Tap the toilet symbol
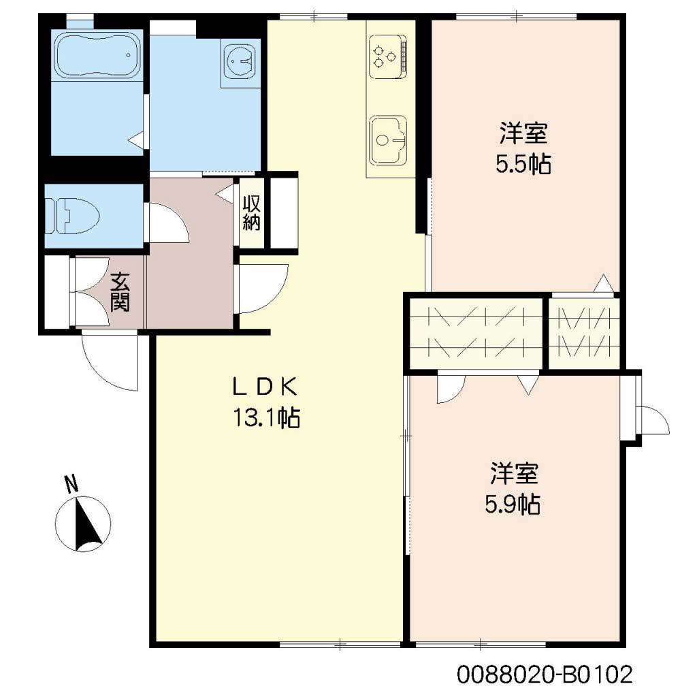click(72, 216)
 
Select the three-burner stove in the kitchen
click(387, 56)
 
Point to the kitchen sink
click(387, 140)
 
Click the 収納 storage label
click(251, 212)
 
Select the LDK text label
click(265, 387)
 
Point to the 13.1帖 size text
click(267, 418)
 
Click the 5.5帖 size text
click(523, 163)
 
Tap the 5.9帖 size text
click(513, 504)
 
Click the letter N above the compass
click(71, 484)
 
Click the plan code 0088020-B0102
click(545, 675)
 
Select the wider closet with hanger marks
click(476, 333)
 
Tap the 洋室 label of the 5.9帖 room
click(515, 474)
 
